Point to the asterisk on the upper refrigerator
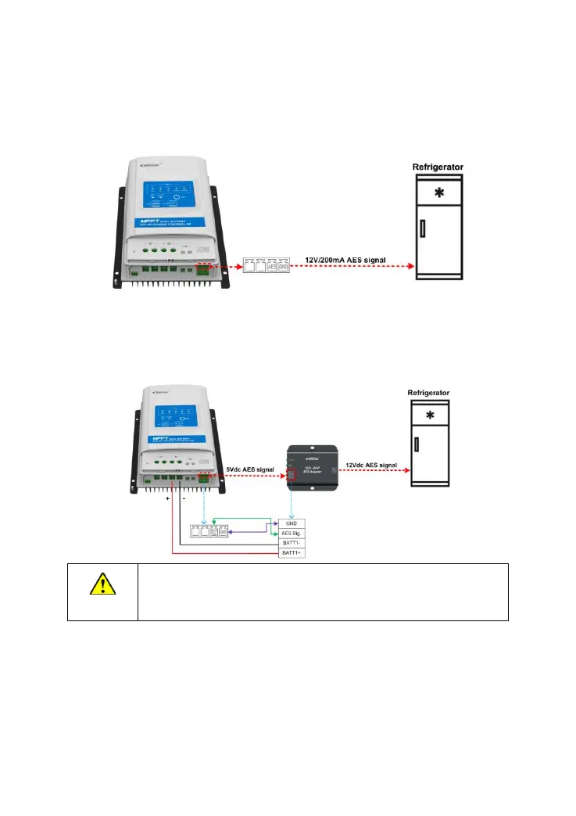441,193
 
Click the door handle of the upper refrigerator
421,228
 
